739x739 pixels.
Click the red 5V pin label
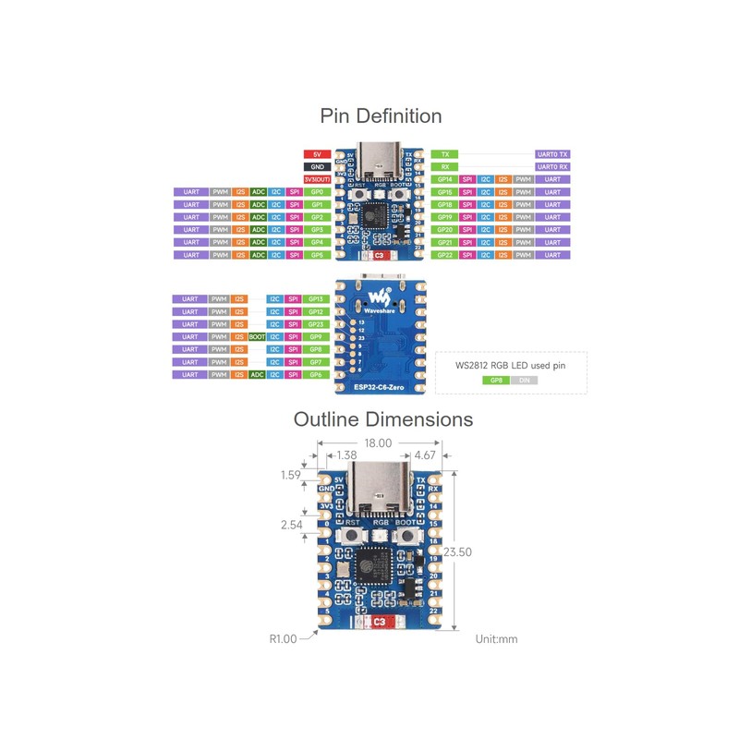(317, 153)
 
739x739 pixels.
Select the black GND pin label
(317, 166)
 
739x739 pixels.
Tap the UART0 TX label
(552, 153)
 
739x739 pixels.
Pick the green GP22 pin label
(445, 254)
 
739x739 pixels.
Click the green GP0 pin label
(317, 191)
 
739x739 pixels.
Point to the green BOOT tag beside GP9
(258, 337)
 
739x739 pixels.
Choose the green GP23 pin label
(316, 324)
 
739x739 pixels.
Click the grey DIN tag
(523, 380)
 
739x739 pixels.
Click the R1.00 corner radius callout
(284, 637)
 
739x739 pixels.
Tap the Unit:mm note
(496, 637)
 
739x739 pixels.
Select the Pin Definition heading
(381, 115)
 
